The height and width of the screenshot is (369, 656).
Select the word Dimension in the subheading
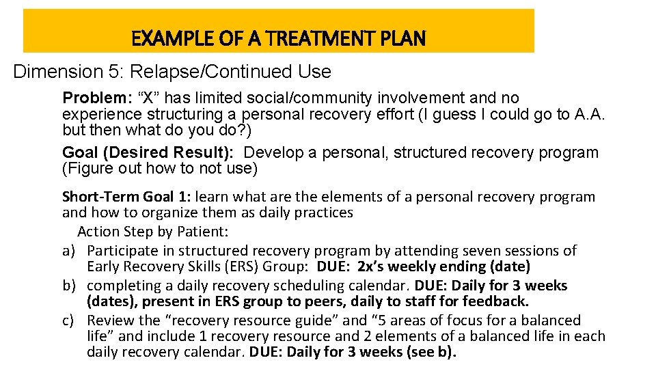52,72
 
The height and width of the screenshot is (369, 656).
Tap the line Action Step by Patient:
152,232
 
